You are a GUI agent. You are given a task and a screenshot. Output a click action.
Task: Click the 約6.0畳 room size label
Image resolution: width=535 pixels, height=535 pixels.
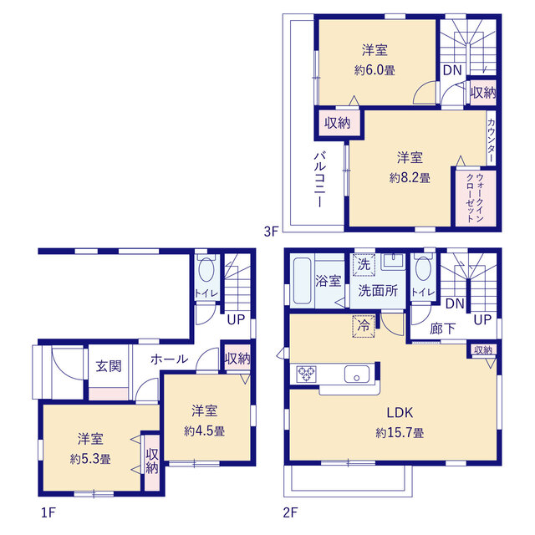tap(374, 70)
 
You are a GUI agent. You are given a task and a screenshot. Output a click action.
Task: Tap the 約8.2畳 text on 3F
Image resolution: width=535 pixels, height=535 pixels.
tap(410, 178)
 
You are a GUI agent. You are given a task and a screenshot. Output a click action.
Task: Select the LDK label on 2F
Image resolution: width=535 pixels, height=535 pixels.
tap(400, 413)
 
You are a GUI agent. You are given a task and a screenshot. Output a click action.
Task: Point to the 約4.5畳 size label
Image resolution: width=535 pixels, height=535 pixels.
tap(204, 431)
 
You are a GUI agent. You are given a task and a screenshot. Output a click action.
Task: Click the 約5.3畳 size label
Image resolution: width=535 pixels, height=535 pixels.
tap(90, 459)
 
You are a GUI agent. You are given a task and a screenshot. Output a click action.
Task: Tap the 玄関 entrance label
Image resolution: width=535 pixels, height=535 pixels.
tap(109, 366)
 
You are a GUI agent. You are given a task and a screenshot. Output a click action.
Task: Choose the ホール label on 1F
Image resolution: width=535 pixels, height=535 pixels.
tap(169, 359)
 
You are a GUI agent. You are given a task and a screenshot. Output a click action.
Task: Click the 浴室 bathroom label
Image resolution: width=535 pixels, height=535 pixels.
tap(329, 281)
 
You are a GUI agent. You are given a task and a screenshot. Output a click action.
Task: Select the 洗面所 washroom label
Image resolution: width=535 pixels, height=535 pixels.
tap(378, 291)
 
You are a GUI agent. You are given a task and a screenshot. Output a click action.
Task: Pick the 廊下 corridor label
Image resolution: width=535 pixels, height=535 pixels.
tap(442, 329)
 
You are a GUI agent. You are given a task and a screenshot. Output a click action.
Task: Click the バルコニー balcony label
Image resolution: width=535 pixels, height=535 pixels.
tap(319, 180)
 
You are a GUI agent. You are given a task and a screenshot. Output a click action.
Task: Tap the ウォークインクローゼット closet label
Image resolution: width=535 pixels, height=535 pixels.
tap(475, 198)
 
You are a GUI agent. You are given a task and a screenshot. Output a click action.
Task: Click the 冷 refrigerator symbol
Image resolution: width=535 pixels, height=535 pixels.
tap(364, 326)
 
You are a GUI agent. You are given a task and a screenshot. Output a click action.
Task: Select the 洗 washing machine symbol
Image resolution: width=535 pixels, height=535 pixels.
tap(364, 264)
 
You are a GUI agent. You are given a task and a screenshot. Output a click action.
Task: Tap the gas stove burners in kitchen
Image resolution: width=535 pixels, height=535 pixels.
tap(307, 374)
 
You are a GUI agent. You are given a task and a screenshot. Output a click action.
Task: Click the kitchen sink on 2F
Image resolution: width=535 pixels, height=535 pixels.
tap(357, 374)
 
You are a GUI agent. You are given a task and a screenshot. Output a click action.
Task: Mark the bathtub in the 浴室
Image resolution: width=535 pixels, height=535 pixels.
tap(303, 281)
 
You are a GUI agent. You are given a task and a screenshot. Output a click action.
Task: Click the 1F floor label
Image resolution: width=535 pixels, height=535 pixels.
tap(48, 512)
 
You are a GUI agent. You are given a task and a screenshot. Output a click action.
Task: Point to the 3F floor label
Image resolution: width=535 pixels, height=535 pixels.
tap(272, 232)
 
